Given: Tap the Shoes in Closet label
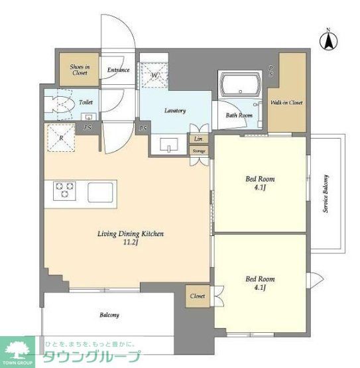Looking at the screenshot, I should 80,70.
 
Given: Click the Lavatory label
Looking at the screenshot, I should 174,111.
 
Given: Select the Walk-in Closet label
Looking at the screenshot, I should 286,103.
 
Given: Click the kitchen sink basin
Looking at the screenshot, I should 101,192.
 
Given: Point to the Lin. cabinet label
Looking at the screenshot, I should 199,139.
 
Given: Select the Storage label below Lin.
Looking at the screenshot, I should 199,151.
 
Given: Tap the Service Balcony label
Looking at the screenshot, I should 326,194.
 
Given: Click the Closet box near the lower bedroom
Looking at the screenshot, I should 197,296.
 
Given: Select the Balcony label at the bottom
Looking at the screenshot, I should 109,315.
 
